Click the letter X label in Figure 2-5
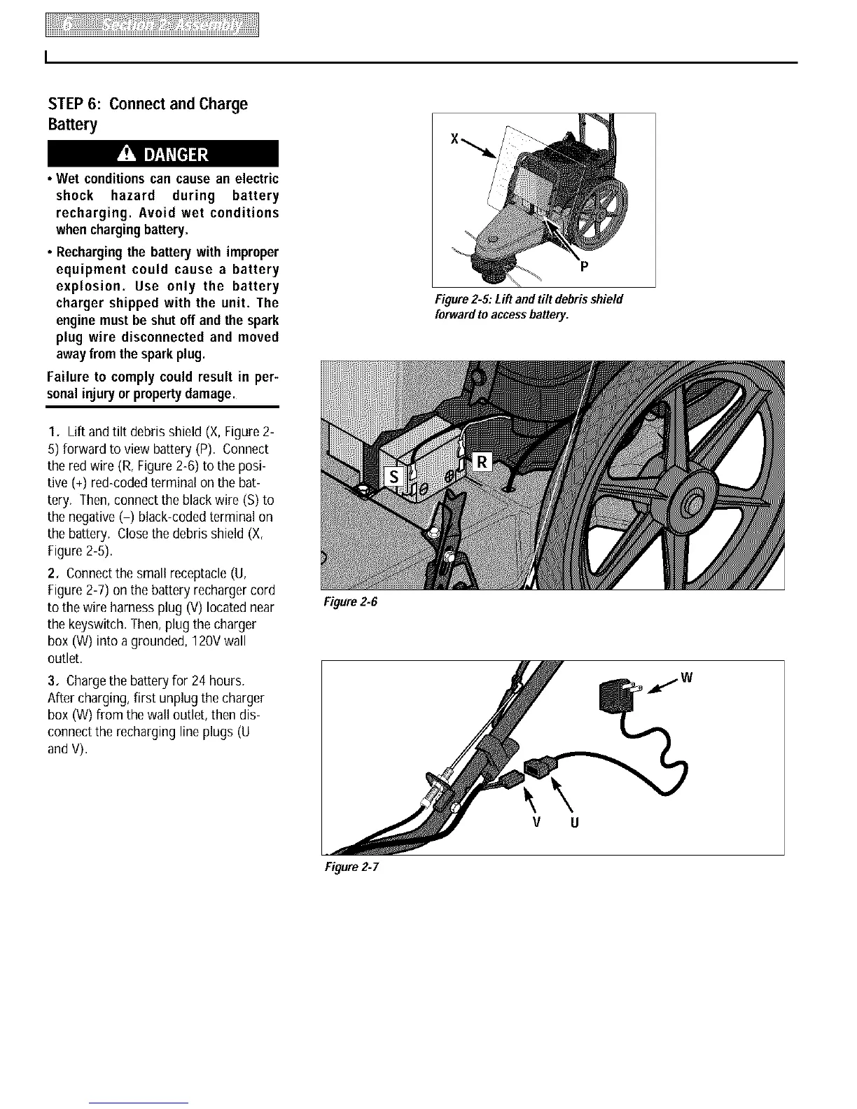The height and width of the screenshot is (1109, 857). (x=454, y=139)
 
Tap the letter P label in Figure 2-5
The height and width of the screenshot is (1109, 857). (x=582, y=266)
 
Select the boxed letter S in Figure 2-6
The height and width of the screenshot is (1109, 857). (x=393, y=476)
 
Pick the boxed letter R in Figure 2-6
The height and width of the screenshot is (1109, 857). (x=483, y=462)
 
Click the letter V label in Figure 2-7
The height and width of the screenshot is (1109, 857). (x=535, y=822)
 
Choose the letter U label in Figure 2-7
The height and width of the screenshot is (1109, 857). (x=574, y=822)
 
